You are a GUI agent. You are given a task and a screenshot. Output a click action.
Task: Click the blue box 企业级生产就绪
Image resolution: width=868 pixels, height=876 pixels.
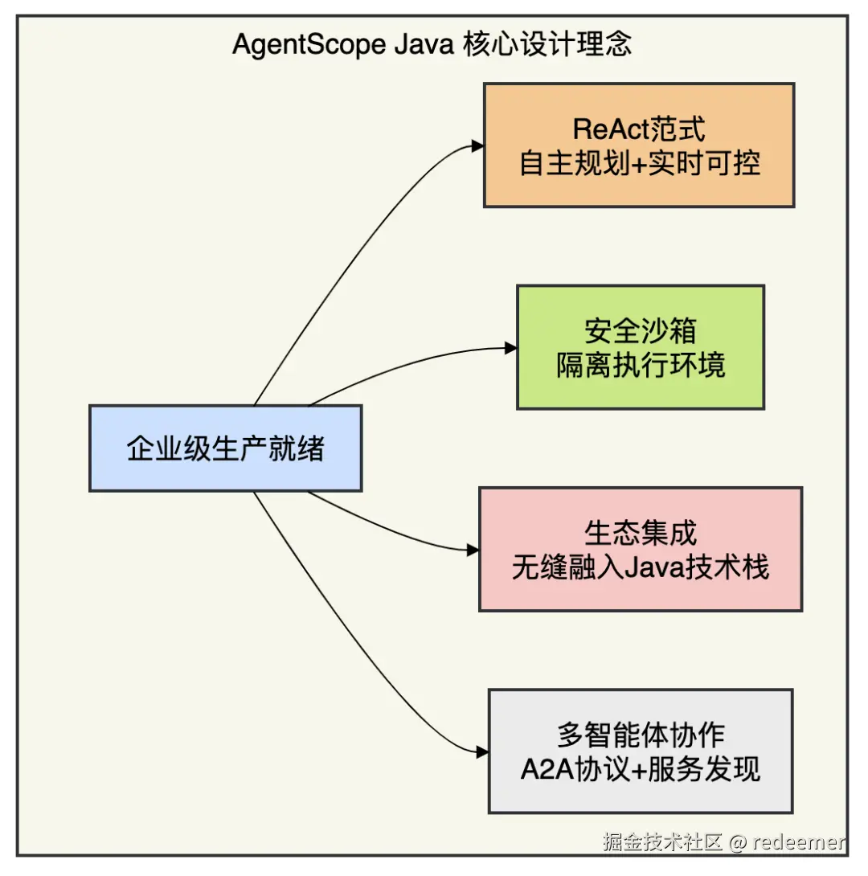[225, 448]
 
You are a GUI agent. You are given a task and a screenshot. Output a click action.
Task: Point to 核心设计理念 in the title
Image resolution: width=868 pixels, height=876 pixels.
[547, 44]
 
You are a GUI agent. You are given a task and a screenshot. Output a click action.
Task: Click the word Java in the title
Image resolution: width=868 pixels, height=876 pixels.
[424, 44]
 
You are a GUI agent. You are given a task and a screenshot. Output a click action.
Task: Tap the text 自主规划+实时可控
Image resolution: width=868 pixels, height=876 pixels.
[640, 163]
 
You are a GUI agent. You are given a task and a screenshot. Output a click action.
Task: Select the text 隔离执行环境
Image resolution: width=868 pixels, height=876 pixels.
[641, 366]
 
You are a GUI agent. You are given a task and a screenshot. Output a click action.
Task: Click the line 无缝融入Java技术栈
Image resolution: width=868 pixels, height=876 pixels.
[641, 567]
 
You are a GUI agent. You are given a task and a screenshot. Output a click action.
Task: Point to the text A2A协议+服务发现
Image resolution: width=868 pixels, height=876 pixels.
[641, 769]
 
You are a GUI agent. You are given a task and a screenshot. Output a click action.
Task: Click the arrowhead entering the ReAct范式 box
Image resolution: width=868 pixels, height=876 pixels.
[477, 146]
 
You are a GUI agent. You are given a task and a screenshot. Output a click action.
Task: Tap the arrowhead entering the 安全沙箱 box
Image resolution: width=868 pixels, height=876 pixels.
[510, 349]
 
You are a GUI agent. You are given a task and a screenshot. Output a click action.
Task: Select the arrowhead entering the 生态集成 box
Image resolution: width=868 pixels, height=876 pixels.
[473, 551]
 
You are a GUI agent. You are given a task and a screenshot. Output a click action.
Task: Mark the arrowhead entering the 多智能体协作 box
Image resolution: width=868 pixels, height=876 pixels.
[483, 752]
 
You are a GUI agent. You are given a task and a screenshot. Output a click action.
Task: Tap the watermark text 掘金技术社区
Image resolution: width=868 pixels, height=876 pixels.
[664, 842]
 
